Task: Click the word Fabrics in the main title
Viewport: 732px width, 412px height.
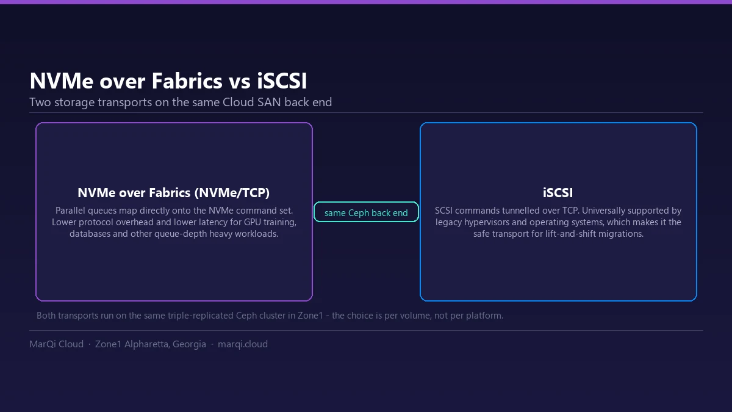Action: (x=187, y=81)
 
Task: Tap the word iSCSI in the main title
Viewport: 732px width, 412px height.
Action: (x=282, y=81)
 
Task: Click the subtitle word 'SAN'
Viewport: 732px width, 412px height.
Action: (x=269, y=102)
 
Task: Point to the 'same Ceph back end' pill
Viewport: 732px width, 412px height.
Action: (x=366, y=212)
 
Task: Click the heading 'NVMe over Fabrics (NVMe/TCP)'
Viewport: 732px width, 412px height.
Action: (x=173, y=193)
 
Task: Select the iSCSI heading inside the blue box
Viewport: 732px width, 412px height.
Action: (x=558, y=193)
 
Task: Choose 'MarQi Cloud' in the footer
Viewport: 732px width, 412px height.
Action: (x=57, y=344)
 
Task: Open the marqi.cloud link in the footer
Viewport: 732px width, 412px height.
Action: (x=243, y=344)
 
